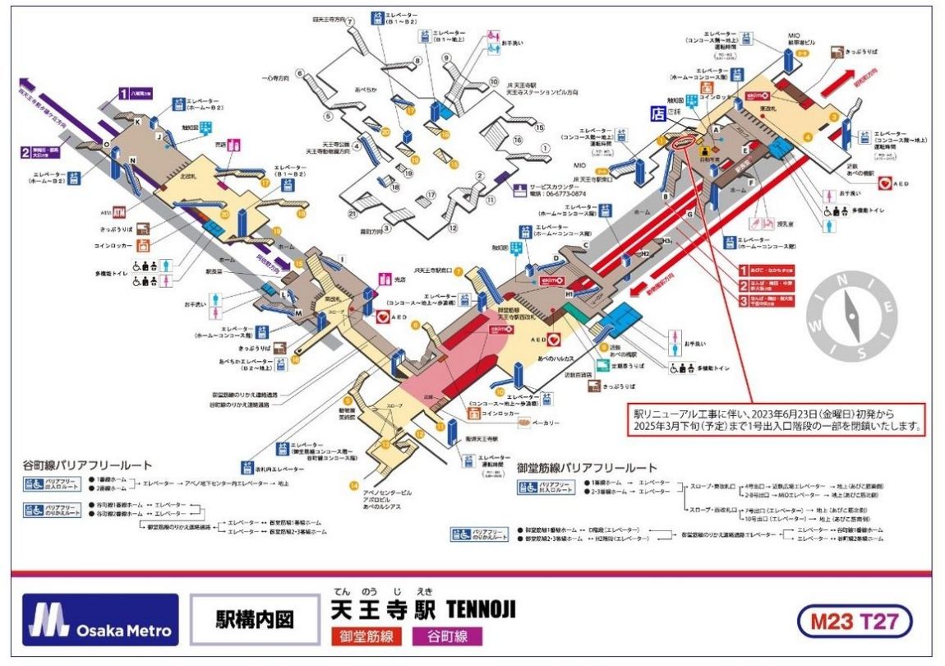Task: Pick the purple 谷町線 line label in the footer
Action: (447, 636)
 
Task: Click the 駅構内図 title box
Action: (254, 619)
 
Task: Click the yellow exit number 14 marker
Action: (353, 484)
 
